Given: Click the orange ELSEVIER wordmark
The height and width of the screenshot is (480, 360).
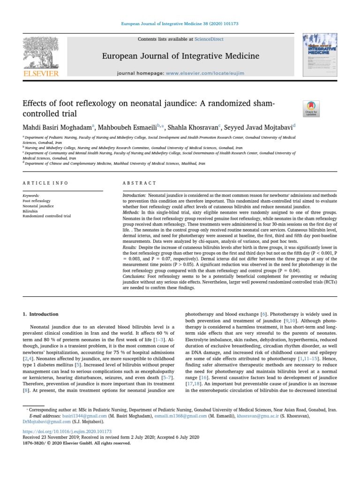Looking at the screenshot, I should coord(41,74).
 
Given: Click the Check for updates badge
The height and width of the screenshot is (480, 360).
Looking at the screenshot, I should coord(312,109).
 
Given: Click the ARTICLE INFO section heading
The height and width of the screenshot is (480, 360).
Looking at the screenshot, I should coord(45,183).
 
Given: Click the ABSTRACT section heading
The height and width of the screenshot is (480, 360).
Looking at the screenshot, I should coord(136,183).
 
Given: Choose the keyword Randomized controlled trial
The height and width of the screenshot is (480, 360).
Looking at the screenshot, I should coord(47,216).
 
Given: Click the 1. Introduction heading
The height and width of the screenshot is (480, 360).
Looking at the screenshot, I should coord(41,314).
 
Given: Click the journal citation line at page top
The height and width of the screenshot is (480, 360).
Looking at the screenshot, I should coord(180,23).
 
